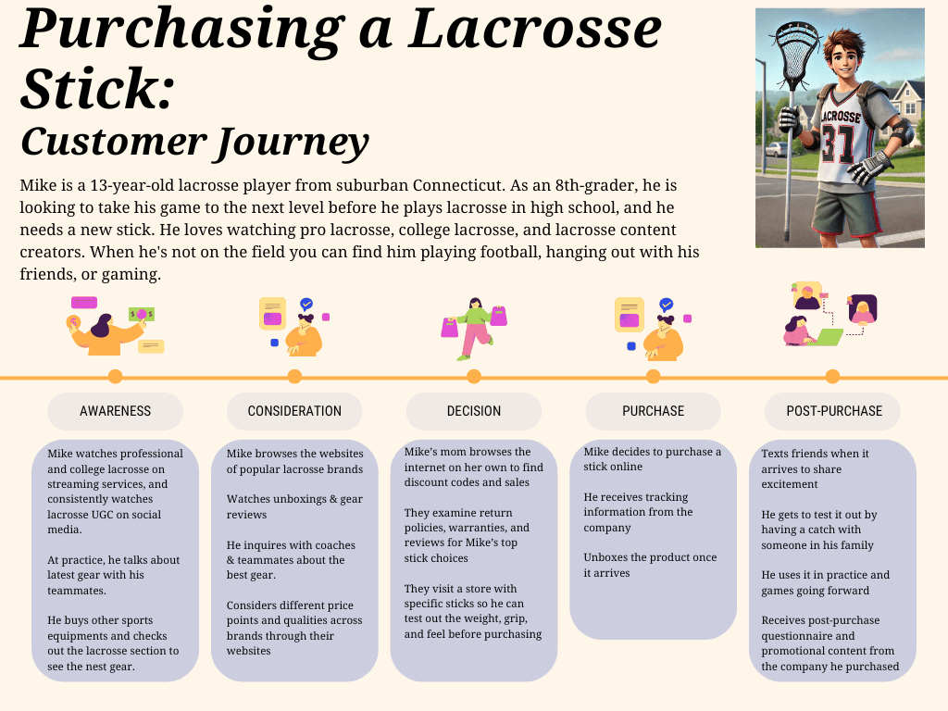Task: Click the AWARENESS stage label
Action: click(x=115, y=411)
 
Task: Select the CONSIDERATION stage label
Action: click(x=294, y=411)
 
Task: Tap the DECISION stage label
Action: click(x=473, y=411)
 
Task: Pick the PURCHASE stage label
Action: click(x=653, y=411)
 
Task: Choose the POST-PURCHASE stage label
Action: click(x=833, y=411)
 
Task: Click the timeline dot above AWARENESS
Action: click(x=115, y=377)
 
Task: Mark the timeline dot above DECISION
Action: click(x=474, y=377)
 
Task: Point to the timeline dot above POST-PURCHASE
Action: click(x=832, y=377)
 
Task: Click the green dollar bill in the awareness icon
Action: click(x=142, y=315)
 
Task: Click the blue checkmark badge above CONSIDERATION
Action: click(x=306, y=304)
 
